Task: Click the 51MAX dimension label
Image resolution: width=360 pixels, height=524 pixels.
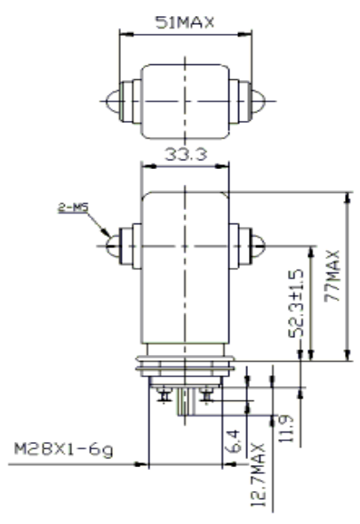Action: click(185, 22)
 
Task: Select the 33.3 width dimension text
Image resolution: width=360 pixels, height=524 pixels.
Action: click(186, 154)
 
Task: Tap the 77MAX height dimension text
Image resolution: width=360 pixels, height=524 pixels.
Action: click(332, 276)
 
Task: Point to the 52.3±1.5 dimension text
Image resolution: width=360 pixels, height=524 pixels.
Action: click(297, 303)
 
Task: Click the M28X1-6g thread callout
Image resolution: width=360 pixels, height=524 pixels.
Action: click(63, 449)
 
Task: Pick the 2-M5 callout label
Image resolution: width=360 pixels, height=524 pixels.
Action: click(74, 207)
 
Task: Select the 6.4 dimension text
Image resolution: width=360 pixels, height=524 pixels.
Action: click(234, 440)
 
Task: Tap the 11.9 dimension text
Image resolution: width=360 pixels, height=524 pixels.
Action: click(286, 429)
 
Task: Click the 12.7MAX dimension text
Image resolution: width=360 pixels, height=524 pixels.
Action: click(258, 474)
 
